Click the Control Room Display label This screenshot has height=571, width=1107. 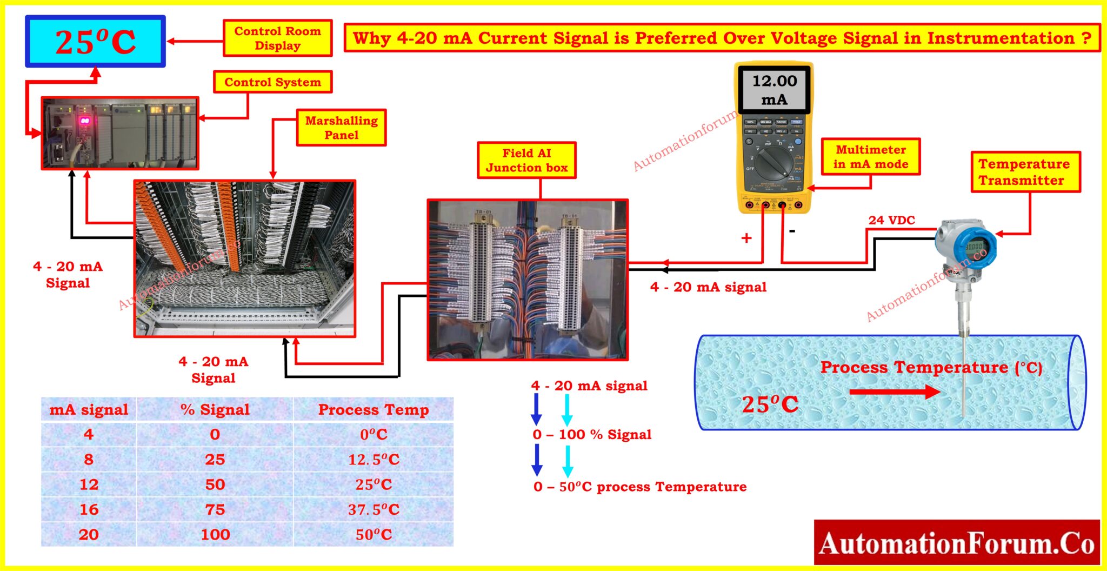pyautogui.click(x=277, y=38)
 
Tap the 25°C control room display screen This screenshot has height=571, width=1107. pyautogui.click(x=95, y=42)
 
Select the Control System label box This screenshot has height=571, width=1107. pyautogui.click(x=272, y=82)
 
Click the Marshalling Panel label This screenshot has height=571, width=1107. pyautogui.click(x=341, y=128)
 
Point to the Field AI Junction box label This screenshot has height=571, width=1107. pyautogui.click(x=526, y=160)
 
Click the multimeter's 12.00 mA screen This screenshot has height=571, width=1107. pyautogui.click(x=775, y=90)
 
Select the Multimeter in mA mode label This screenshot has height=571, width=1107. pyautogui.click(x=870, y=157)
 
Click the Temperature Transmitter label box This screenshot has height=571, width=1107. pyautogui.click(x=1024, y=172)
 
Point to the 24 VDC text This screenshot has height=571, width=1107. pyautogui.click(x=891, y=220)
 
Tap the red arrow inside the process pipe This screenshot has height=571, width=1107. pyautogui.click(x=895, y=391)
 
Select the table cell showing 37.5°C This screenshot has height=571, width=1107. pyautogui.click(x=374, y=509)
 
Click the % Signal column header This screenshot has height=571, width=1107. pyautogui.click(x=215, y=409)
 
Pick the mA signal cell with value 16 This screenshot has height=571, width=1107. pyautogui.click(x=89, y=509)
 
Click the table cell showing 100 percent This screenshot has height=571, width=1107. pyautogui.click(x=215, y=534)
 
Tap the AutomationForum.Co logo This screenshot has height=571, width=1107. pyautogui.click(x=956, y=543)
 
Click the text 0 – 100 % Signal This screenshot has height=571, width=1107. pyautogui.click(x=592, y=435)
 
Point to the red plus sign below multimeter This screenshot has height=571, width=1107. pyautogui.click(x=746, y=238)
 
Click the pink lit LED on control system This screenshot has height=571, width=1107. pyautogui.click(x=85, y=121)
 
